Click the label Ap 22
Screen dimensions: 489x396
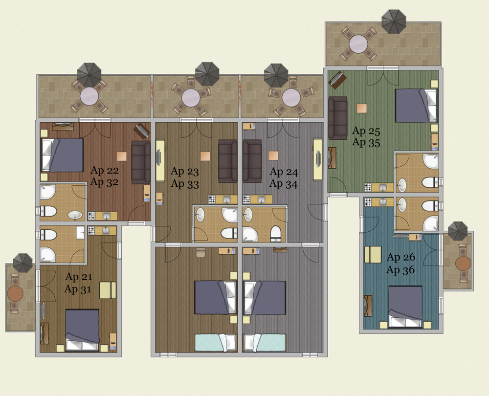105,171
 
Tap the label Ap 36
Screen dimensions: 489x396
400,270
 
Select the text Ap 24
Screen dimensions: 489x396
284,172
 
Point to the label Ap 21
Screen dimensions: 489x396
79,277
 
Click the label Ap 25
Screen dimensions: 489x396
366,131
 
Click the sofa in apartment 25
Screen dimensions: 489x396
337,118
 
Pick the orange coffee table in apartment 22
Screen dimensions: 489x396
122,156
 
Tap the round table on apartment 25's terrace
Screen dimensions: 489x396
358,44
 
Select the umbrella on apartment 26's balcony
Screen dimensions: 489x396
458,231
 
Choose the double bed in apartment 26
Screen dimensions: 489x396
405,307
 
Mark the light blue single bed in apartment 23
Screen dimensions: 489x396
216,342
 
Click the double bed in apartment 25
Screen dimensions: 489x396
416,106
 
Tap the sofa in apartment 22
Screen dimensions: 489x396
141,162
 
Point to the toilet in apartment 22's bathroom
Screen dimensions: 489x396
48,211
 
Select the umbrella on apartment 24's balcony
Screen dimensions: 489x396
276,75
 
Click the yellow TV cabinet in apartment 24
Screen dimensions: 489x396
317,159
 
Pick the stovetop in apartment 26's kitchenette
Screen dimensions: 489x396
368,202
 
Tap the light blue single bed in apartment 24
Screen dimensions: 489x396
265,342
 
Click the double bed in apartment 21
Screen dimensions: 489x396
82,330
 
